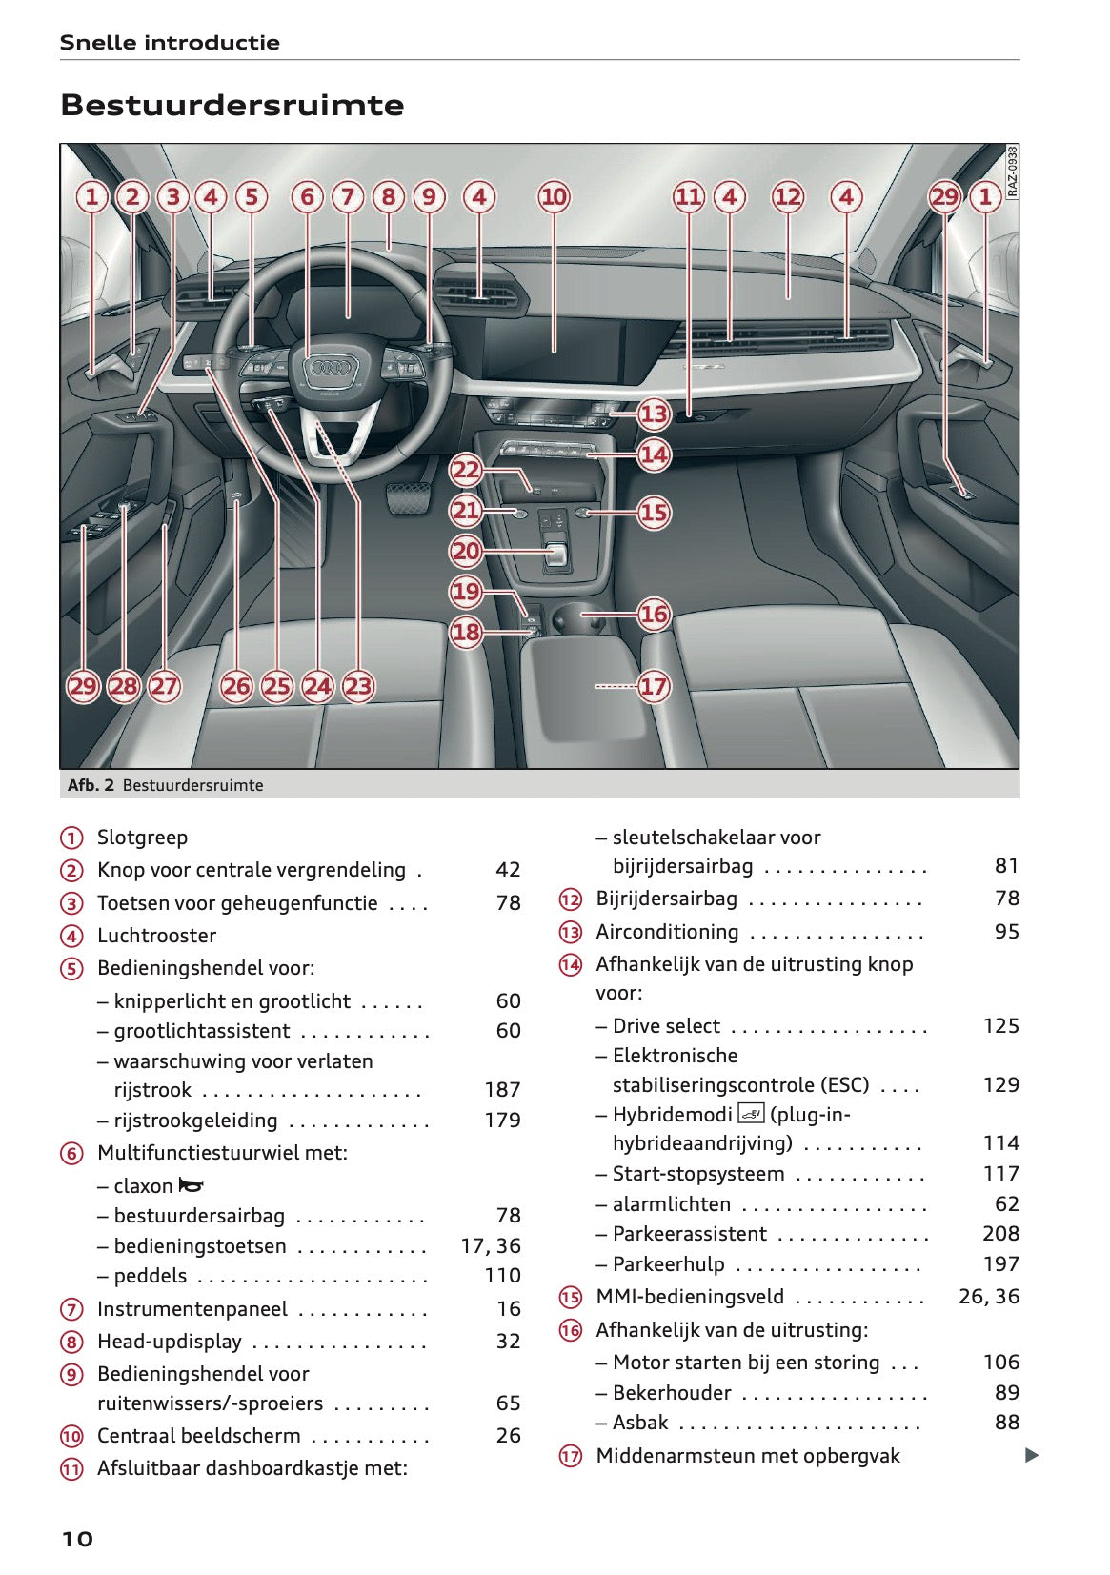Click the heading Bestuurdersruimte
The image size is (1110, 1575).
point(232,105)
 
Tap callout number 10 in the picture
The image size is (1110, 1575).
point(554,197)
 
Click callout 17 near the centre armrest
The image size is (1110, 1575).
point(653,686)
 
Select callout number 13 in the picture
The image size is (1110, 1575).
point(654,414)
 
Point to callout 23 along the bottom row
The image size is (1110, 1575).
point(357,686)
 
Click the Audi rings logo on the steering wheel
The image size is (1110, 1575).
point(329,371)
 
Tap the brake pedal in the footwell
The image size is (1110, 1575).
point(408,497)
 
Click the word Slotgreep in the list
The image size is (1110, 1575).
point(142,838)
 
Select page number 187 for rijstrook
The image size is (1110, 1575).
point(502,1090)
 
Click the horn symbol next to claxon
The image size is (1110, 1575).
point(192,1186)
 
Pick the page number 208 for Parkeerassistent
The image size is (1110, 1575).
point(1000,1234)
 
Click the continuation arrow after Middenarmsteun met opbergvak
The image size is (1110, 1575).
point(1031,1455)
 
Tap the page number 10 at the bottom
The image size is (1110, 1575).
point(77,1539)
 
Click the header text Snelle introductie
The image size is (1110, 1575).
point(170,43)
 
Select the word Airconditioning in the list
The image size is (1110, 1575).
point(667,932)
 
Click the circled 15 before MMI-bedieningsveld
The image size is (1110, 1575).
point(570,1298)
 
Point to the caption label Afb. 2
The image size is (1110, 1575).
point(91,785)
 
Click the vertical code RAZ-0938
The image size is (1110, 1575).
point(1012,171)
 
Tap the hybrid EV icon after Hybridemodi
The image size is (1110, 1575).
point(751,1113)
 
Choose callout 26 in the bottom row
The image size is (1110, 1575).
point(236,686)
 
